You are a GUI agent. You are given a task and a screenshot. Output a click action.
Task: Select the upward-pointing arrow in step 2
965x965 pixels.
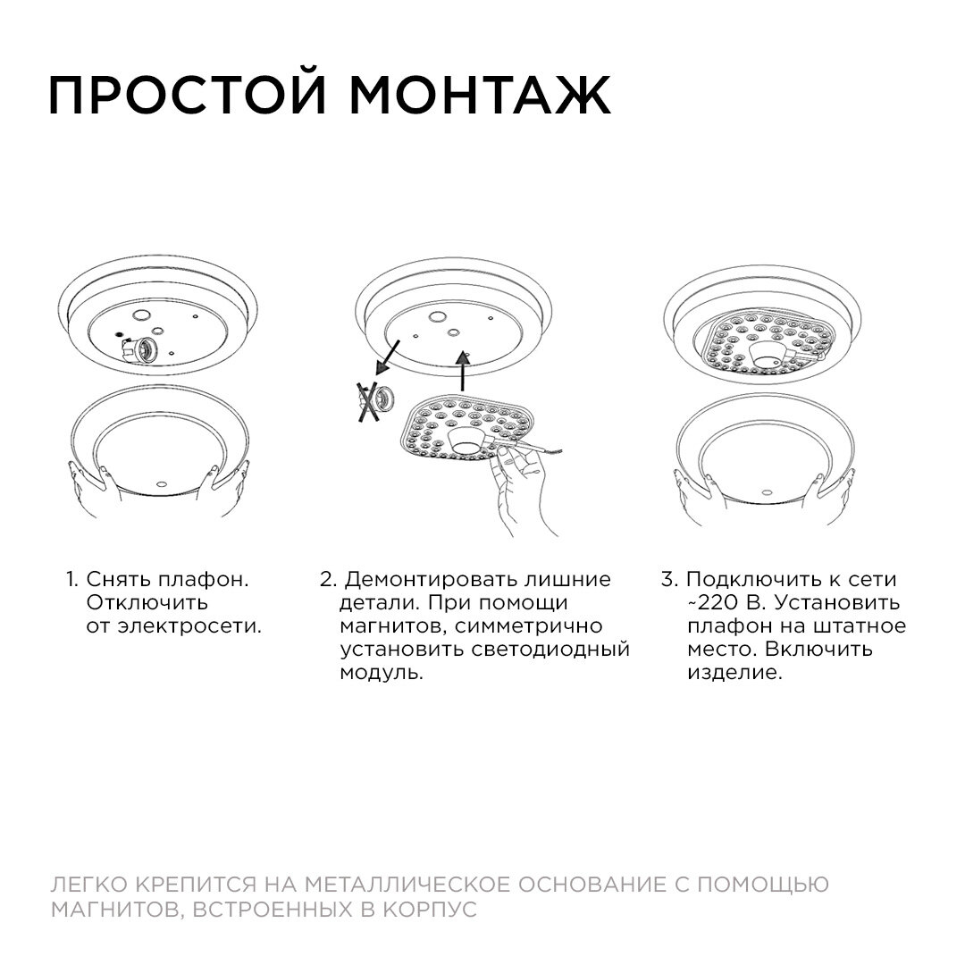[462, 369]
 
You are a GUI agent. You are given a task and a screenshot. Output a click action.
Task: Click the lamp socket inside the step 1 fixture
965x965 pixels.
[143, 348]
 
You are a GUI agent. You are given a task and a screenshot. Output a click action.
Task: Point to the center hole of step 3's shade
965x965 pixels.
[767, 490]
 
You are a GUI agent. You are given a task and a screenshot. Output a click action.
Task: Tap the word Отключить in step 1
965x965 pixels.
[147, 602]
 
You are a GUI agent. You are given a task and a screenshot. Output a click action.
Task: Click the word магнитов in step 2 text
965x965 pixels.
[388, 625]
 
